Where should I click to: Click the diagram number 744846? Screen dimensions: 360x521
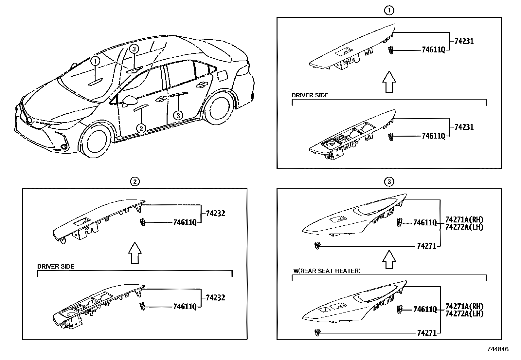pos(498,350)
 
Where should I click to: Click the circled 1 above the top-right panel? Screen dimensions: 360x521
pos(389,10)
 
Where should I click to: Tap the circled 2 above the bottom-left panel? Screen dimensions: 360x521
pos(135,181)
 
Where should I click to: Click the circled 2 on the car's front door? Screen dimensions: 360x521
pos(141,128)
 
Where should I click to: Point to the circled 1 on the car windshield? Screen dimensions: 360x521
pos(95,61)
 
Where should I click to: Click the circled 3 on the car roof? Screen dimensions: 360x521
pos(134,49)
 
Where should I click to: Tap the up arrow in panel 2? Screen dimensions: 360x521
pos(135,253)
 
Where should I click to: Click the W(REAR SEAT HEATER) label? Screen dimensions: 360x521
pos(326,271)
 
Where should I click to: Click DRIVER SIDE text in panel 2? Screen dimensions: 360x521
pos(56,267)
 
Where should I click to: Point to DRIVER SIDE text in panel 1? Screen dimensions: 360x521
pos(310,95)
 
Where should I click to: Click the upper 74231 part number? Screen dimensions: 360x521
pos(464,41)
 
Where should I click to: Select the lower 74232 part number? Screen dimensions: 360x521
pos(215,298)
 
